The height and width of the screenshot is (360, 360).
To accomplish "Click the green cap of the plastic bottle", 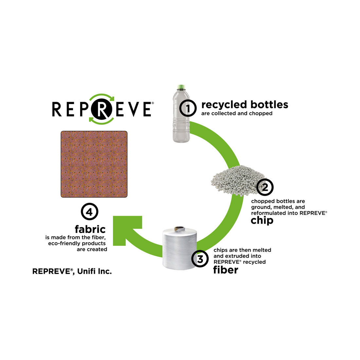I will click(x=181, y=87).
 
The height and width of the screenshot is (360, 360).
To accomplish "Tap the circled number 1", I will click(x=188, y=108).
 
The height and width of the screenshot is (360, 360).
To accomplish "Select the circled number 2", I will click(x=265, y=187).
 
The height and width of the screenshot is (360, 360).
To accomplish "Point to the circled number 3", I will click(x=200, y=260).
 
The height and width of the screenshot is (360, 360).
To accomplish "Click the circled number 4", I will click(x=90, y=212).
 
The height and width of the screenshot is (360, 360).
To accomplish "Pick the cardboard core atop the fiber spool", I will click(x=179, y=228).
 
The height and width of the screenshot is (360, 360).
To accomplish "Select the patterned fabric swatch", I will click(x=94, y=164).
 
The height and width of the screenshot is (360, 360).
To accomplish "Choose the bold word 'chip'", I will click(x=262, y=220).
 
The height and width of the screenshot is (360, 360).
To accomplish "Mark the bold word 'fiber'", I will click(x=225, y=270).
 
